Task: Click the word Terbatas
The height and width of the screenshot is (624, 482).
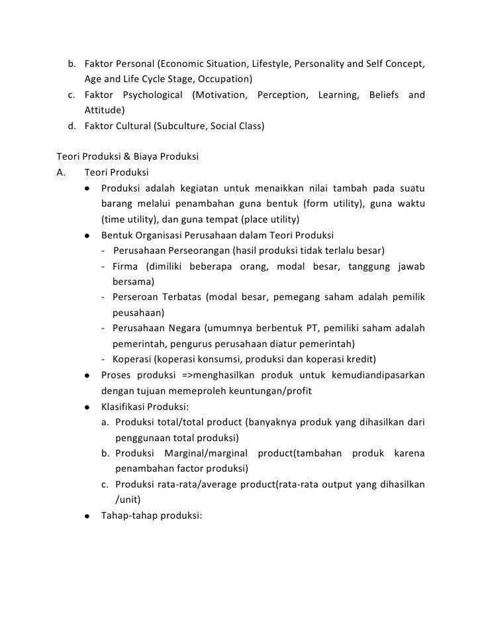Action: point(179,297)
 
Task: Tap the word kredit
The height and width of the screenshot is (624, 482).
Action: point(361,359)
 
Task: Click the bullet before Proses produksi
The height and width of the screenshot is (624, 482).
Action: point(87,376)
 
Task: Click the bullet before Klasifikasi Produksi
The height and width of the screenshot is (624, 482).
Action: point(87,407)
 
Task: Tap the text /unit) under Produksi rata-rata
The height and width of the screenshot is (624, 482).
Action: point(128,501)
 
